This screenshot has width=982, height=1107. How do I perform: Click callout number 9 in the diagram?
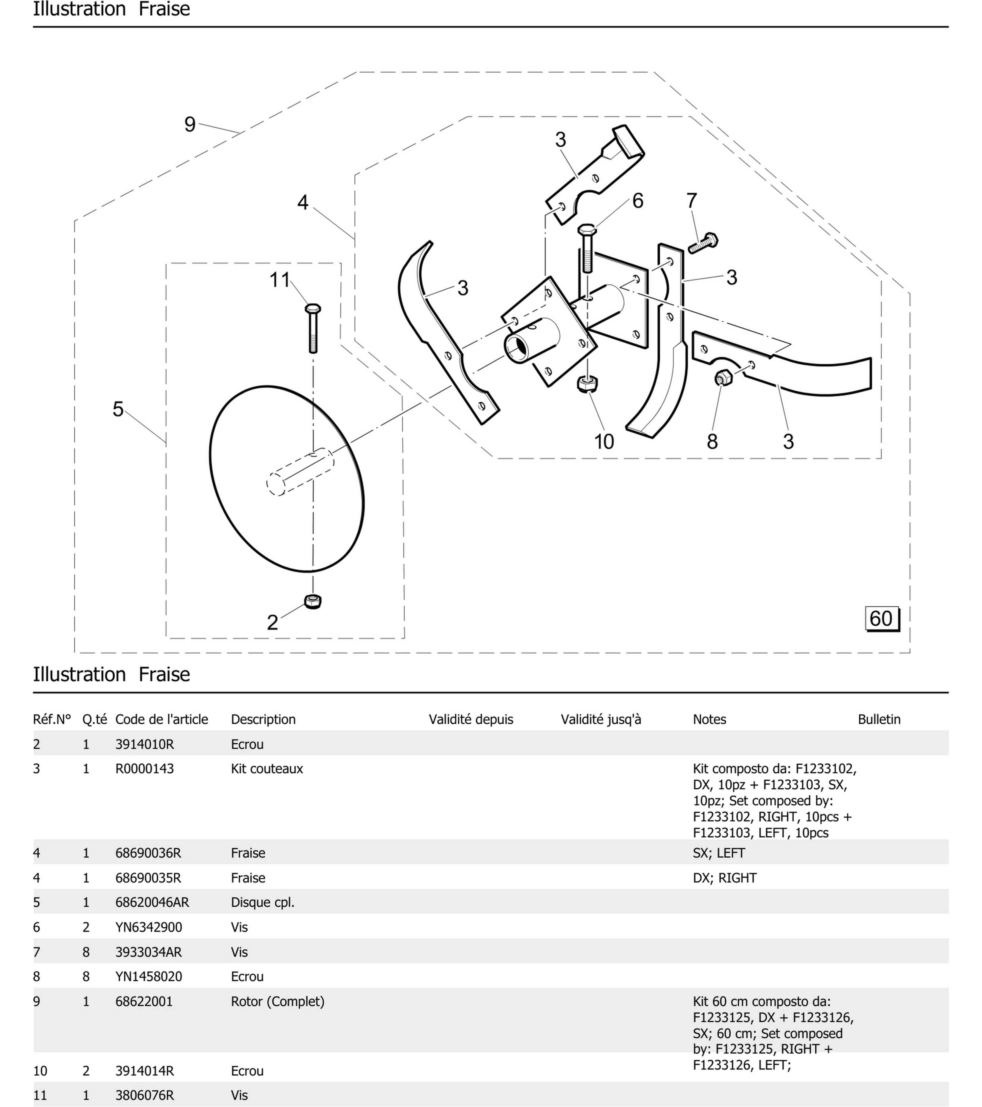(190, 124)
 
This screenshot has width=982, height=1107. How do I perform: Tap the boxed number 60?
(881, 619)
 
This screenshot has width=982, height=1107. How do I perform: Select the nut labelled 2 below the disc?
(312, 601)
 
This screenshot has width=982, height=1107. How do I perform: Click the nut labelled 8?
(723, 377)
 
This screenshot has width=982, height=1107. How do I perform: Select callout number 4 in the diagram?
(303, 203)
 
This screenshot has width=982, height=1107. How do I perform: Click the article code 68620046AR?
(152, 902)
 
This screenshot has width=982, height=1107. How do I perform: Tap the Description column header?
(263, 719)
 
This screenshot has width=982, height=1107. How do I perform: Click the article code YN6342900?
(149, 927)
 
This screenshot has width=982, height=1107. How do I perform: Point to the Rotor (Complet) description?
(277, 1001)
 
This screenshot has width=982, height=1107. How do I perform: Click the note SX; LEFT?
(719, 853)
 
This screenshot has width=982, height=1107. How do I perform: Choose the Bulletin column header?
(879, 719)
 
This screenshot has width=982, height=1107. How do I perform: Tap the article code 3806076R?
(145, 1095)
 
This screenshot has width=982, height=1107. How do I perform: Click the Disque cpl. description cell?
(263, 902)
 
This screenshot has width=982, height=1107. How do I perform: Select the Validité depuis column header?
(471, 719)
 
